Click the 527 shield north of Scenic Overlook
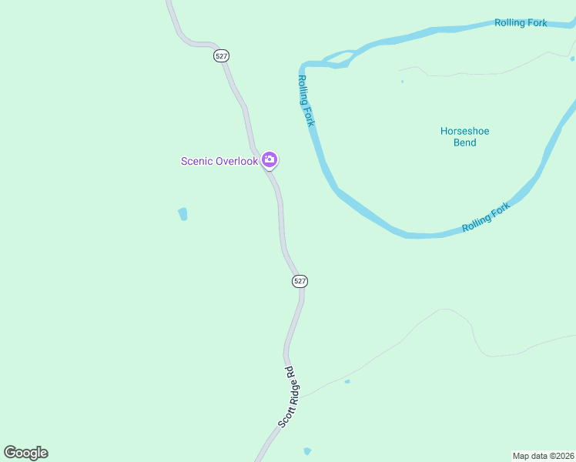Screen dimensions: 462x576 [222, 56]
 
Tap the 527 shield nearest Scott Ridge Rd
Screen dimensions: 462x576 [300, 282]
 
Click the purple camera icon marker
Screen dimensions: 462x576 [270, 160]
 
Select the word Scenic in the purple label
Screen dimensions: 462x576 [196, 161]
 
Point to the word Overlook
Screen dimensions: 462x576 [236, 161]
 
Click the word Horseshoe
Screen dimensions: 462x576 [464, 131]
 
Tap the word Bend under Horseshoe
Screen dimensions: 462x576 [464, 142]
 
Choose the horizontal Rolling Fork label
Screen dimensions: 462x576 [521, 23]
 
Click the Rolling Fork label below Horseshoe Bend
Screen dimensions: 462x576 [486, 217]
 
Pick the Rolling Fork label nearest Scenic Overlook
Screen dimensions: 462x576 [306, 101]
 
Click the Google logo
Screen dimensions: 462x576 [25, 453]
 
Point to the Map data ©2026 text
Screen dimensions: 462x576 [543, 455]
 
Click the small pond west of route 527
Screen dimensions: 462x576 [183, 214]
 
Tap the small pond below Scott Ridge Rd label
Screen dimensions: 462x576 [307, 450]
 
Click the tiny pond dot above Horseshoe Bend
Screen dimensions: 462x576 [402, 81]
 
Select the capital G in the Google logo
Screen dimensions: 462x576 [10, 452]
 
